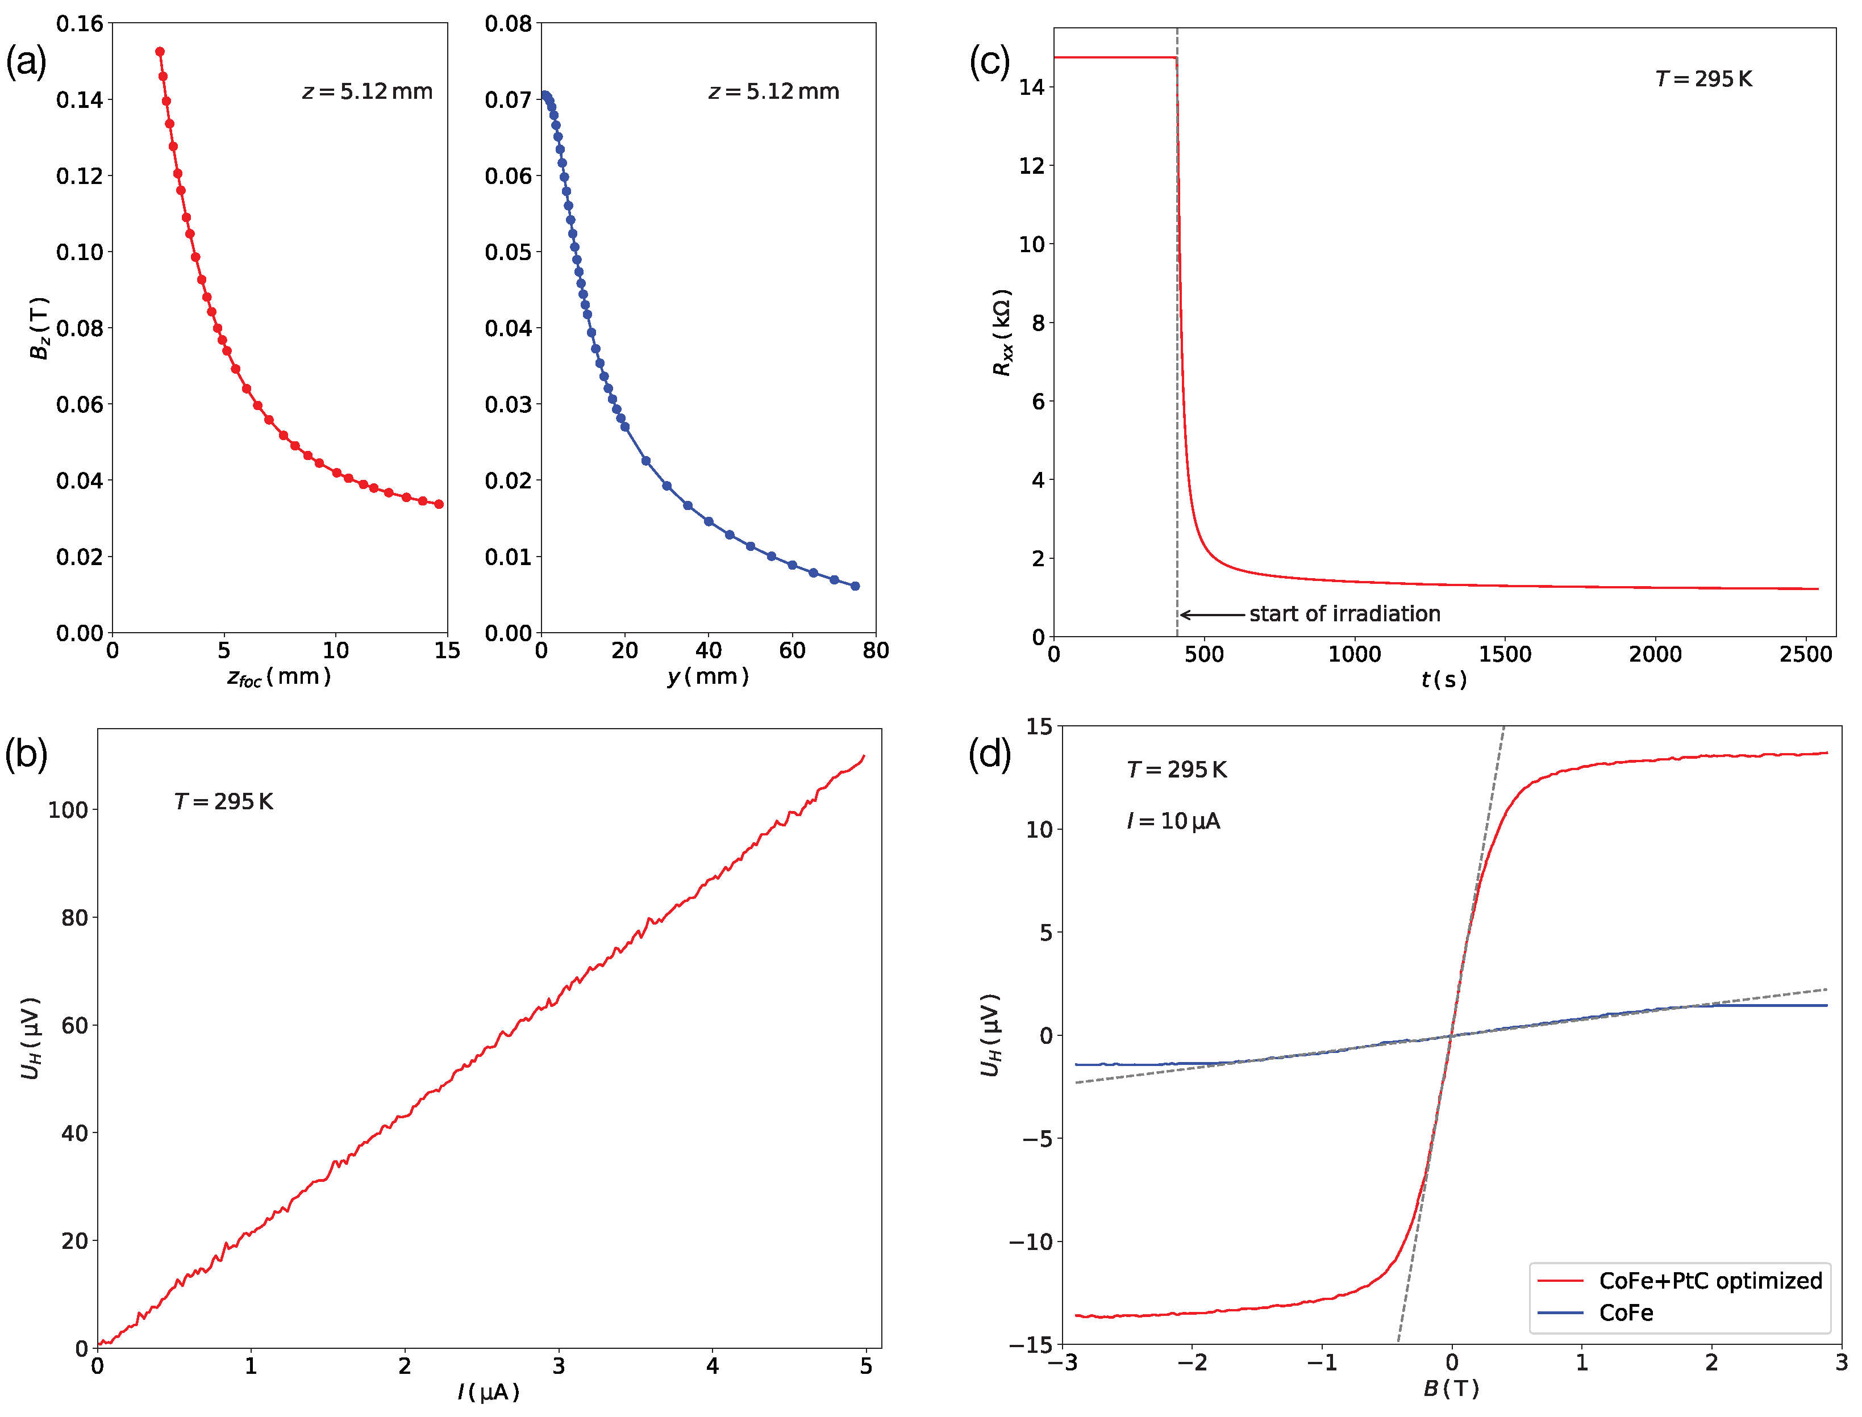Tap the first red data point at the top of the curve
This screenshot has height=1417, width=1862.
click(160, 52)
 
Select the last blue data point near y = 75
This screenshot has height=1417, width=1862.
click(855, 586)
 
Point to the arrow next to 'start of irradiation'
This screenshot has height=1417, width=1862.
click(1211, 615)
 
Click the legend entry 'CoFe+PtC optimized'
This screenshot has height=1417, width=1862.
click(1709, 1281)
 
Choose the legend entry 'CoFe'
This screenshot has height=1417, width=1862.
click(1625, 1313)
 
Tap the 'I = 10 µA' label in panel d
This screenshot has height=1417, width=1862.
click(1173, 822)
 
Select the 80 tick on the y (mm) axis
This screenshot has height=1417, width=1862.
click(876, 650)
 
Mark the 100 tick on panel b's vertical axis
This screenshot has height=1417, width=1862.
click(68, 810)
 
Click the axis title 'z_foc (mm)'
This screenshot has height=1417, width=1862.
click(278, 678)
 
